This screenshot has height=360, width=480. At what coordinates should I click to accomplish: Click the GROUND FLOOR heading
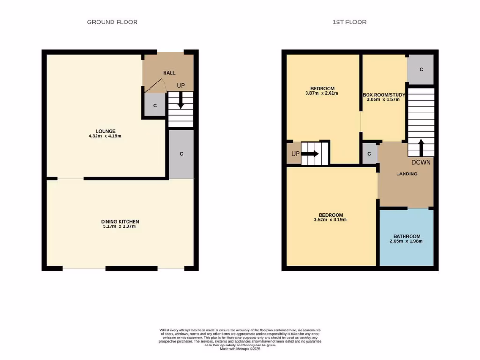[x=112, y=22]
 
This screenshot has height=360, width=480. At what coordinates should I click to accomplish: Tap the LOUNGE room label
[x=106, y=131]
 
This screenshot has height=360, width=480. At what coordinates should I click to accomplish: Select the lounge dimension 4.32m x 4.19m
[x=106, y=136]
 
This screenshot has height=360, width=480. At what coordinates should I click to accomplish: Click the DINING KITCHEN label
[x=120, y=221]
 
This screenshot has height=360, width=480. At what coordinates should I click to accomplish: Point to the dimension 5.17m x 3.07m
[x=120, y=227]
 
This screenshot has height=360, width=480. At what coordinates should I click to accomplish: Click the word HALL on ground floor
[x=169, y=73]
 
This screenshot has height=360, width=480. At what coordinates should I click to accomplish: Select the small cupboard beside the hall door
[x=155, y=105]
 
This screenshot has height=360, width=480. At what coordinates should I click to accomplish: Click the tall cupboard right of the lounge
[x=181, y=154]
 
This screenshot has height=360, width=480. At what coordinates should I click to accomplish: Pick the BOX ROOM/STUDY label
[x=383, y=94]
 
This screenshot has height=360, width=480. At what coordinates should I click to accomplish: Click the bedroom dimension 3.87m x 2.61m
[x=322, y=93]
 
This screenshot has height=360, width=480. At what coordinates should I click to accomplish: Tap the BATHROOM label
[x=406, y=236]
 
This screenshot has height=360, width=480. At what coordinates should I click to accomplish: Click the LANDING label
[x=406, y=174]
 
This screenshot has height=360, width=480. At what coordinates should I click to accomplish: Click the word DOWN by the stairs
[x=421, y=162]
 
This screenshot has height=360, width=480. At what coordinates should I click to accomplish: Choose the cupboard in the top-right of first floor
[x=421, y=69]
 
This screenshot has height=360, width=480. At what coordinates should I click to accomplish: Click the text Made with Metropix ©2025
[x=240, y=349]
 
